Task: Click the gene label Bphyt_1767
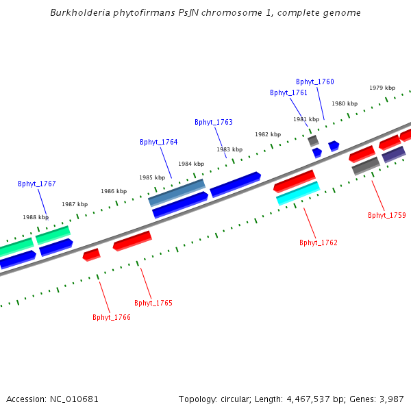pos(37,184)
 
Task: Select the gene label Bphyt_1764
pos(159,142)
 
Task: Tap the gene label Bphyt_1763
pos(214,122)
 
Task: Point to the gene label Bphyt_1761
pos(288,92)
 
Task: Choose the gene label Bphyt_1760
pos(315,82)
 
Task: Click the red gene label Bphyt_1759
pos(387,215)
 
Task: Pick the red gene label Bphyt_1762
pos(319,242)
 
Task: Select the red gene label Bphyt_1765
pos(153,303)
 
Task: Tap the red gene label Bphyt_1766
pos(112,317)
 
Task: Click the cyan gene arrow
pos(298,193)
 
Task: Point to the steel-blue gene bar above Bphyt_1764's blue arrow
pos(177,192)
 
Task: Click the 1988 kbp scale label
pos(35,217)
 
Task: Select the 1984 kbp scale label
pos(191,164)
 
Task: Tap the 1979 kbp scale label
pos(382,88)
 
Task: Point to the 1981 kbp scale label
pos(306,119)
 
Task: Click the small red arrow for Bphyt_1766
pos(91,255)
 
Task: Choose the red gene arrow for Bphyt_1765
pos(132,240)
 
